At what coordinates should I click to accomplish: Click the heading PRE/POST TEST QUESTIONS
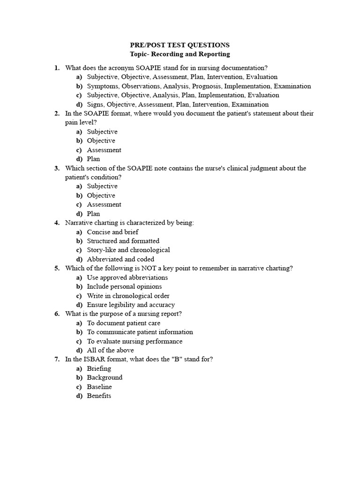tap(180, 45)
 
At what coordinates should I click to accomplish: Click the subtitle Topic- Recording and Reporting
tap(180, 54)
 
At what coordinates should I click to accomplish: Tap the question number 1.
tap(57, 68)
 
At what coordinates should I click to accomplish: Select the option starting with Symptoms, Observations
tap(199, 86)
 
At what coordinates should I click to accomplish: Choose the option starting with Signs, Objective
tap(178, 105)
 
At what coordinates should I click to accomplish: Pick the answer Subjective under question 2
tap(102, 132)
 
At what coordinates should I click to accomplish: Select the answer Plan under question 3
tap(93, 214)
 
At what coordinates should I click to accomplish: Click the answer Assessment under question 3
tap(104, 204)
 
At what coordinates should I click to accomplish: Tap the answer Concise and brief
tap(112, 232)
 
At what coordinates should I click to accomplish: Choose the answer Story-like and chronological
tap(128, 250)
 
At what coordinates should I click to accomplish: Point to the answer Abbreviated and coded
tap(120, 259)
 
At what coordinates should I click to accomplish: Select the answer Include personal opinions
tap(124, 286)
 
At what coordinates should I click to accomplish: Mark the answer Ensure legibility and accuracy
tap(131, 305)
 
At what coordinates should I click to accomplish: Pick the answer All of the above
tap(110, 350)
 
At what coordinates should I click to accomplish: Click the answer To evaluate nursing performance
tap(135, 341)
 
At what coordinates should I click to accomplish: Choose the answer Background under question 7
tap(105, 378)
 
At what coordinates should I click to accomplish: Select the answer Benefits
tap(99, 396)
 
